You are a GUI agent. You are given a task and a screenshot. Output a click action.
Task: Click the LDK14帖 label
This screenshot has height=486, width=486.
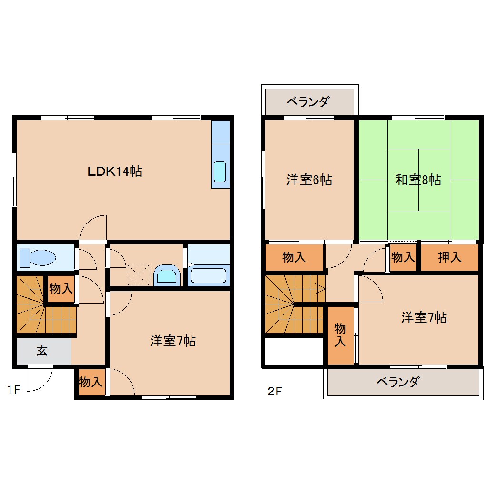(x=114, y=172)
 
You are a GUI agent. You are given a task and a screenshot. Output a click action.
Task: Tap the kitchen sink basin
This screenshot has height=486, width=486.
(x=220, y=172)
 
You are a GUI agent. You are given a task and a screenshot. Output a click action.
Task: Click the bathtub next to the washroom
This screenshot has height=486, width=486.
(x=208, y=276)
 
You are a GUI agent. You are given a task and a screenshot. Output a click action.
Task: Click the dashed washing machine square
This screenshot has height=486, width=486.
(x=138, y=275)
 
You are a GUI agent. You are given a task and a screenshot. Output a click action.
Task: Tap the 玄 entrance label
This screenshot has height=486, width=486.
(x=42, y=352)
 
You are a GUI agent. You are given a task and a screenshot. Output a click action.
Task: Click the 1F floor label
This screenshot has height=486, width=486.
(x=13, y=391)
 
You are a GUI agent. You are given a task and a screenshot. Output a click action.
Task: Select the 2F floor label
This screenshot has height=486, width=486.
(x=274, y=392)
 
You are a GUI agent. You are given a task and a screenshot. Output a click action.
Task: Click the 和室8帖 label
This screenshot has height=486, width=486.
(x=418, y=180)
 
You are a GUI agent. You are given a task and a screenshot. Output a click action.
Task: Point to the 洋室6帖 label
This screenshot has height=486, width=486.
(x=309, y=180)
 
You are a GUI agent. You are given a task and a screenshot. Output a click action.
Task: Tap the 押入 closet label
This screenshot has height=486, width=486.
(x=449, y=257)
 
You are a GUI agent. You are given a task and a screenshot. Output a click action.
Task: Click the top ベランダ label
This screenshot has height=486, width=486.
(x=308, y=101)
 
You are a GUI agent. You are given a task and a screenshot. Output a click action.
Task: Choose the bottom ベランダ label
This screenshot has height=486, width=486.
(x=398, y=382)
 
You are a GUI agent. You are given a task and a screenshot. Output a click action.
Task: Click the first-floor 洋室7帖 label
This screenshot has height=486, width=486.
(x=172, y=341)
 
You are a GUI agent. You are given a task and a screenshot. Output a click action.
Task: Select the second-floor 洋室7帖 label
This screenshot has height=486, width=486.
(x=424, y=317)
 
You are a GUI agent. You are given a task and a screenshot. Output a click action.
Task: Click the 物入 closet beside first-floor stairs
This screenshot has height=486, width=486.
(x=61, y=288)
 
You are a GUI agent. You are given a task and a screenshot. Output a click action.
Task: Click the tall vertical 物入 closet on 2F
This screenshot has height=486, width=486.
(x=340, y=335)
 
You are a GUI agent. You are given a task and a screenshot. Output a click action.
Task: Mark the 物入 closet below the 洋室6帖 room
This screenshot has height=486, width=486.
(x=294, y=258)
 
